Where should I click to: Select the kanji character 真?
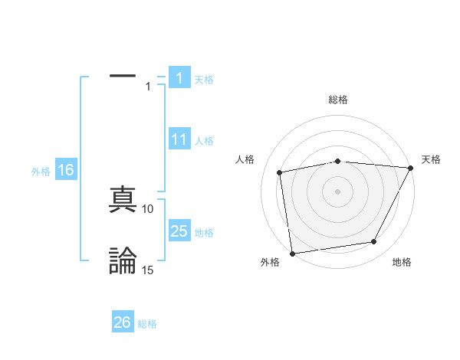coord(123,200)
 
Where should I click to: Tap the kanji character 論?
coord(123,260)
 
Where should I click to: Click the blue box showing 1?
coord(179,78)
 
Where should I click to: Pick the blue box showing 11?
coord(179,139)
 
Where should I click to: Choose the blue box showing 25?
coord(179,231)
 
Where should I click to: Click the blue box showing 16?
coord(65,170)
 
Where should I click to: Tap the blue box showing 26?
coord(123,322)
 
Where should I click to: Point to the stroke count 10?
coord(148,208)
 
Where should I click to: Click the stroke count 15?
coord(148,270)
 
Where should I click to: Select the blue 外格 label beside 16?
coord(41,171)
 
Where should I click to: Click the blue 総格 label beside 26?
coord(147,324)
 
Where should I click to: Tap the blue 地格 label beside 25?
coord(204,233)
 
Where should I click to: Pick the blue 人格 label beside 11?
coord(204,141)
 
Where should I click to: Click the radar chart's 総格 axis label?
coord(338,100)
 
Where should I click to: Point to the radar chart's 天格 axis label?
coord(431,159)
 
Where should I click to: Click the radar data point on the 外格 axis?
coord(292,253)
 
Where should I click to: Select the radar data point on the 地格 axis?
coord(374,242)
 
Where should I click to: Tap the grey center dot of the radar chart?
coord(338,191)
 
